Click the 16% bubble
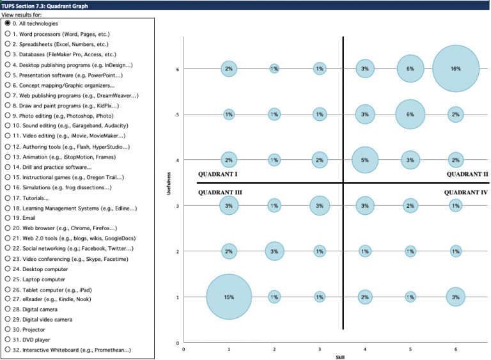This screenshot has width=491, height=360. pyautogui.click(x=455, y=68)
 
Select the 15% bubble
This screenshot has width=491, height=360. pyautogui.click(x=229, y=297)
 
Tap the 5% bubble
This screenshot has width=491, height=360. pyautogui.click(x=364, y=160)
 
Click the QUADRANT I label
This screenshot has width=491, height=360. pyautogui.click(x=217, y=174)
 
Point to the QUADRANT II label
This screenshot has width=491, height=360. pyautogui.click(x=467, y=174)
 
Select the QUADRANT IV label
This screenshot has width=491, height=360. pyautogui.click(x=466, y=192)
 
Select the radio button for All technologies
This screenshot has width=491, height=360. pyautogui.click(x=8, y=24)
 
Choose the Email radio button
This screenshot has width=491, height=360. pyautogui.click(x=8, y=218)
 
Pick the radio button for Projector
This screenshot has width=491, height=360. pyautogui.click(x=8, y=330)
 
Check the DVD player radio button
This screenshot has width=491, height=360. pyautogui.click(x=8, y=340)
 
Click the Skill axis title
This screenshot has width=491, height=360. pyautogui.click(x=339, y=357)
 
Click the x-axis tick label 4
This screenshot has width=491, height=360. pyautogui.click(x=364, y=349)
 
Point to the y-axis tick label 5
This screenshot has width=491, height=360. pyautogui.click(x=177, y=114)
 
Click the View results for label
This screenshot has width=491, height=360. pyautogui.click(x=23, y=14)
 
